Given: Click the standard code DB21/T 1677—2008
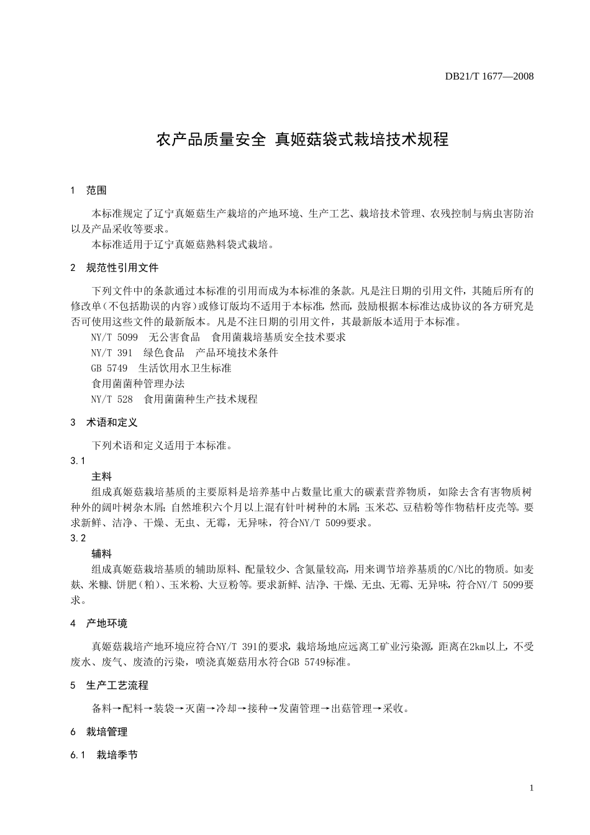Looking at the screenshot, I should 489,76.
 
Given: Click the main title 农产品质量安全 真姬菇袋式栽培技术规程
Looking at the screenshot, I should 302,139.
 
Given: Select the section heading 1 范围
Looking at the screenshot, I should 89,190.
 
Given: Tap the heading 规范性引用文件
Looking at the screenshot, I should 122,268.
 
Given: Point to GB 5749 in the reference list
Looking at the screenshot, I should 109,368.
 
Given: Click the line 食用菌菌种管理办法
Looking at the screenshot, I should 138,384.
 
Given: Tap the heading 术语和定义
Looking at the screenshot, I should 112,422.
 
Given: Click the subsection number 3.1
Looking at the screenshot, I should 78,461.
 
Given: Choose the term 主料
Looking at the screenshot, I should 101,477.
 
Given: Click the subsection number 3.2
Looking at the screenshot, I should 78,538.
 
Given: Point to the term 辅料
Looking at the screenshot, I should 101,554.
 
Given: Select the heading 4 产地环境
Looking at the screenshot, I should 99,623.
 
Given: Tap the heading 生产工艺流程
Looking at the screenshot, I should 117,685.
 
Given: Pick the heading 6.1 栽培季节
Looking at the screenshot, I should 104,755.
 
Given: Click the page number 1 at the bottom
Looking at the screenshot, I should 532,788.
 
